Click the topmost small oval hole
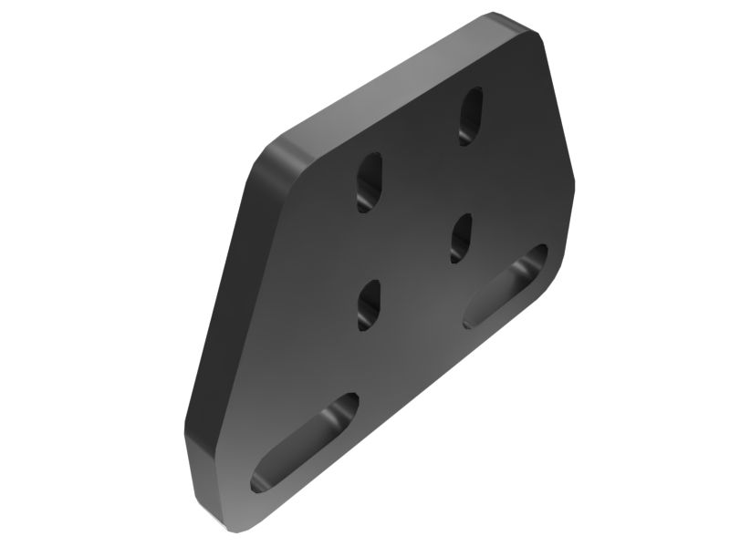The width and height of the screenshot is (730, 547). (471, 115)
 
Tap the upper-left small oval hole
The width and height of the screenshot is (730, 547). (370, 181)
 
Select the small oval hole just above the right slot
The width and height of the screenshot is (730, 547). (462, 238)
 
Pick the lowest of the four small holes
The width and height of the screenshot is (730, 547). (369, 304)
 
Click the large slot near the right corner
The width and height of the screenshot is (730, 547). (506, 286)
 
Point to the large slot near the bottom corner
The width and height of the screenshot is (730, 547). (305, 442)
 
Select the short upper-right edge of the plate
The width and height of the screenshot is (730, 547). (558, 100)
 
